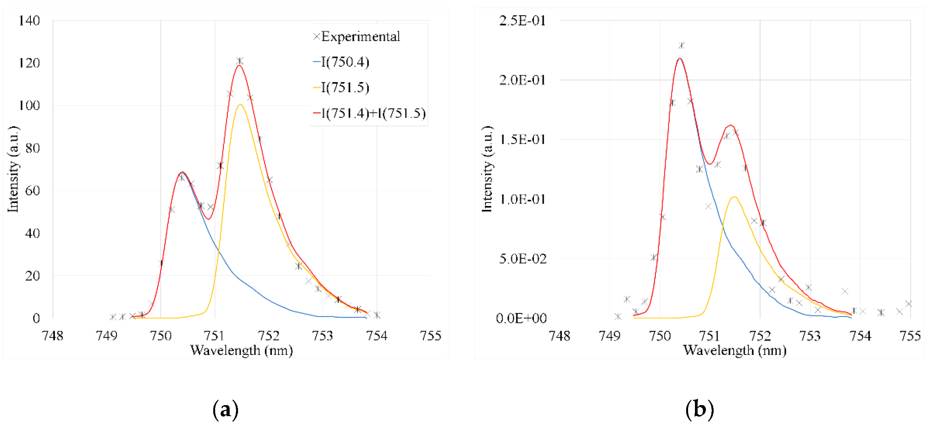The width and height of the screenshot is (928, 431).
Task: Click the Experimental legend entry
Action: pos(356,37)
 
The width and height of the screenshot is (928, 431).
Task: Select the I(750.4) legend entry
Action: pos(342,62)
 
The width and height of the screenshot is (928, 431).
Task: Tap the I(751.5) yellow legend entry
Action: pos(342,87)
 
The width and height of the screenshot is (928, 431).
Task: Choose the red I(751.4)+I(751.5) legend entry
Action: pos(369,113)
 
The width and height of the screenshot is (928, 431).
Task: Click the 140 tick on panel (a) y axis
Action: pos(29,21)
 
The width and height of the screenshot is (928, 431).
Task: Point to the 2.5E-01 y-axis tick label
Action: pos(522,21)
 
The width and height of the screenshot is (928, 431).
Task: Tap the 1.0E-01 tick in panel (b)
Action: pos(522,199)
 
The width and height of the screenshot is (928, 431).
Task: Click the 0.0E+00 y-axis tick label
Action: pos(521,318)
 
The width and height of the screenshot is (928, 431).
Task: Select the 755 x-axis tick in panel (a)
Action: pos(430,336)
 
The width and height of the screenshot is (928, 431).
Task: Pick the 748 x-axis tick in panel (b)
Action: pos(559,336)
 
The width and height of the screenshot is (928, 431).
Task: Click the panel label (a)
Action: pos(225,410)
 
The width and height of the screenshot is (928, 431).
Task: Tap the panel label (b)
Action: pos(699,410)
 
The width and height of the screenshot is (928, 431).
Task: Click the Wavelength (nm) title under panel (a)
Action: pos(241,350)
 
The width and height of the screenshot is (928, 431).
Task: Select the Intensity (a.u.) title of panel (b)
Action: pos(487,169)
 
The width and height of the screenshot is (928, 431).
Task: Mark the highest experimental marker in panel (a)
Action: pos(240,61)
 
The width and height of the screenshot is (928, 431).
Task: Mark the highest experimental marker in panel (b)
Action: pos(681,46)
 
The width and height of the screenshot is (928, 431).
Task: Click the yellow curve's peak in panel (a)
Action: pos(240,104)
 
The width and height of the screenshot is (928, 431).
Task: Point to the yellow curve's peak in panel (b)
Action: pos(734,197)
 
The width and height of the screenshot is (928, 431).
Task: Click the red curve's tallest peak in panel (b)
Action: pos(680,58)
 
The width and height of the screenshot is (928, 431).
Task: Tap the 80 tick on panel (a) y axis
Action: pos(32,148)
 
